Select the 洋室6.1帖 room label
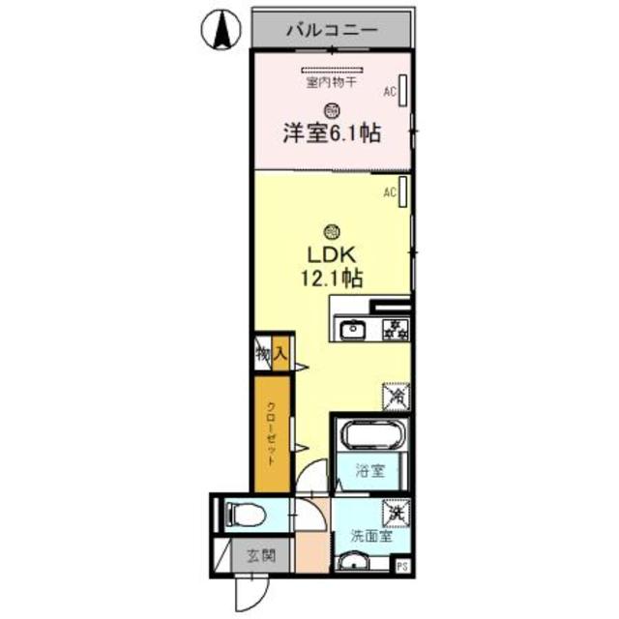point(331,134)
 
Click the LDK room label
point(333,255)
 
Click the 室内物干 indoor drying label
point(331,84)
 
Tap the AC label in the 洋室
point(391,92)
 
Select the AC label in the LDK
point(391,192)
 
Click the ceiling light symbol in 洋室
point(332,110)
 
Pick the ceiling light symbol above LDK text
point(332,230)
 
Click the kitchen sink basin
point(353,330)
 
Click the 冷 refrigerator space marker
point(396,396)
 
